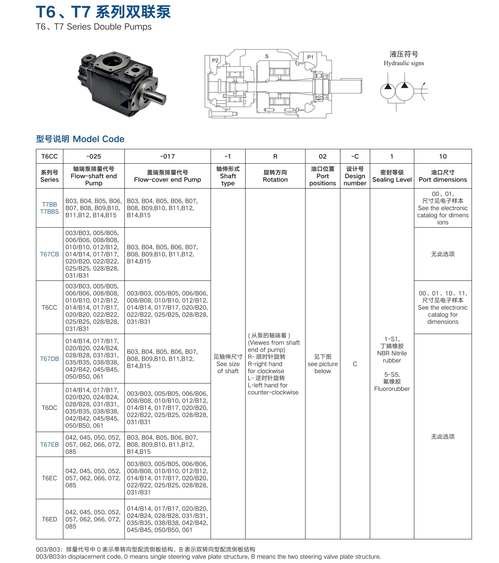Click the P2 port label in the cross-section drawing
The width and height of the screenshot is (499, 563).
pos(215,60)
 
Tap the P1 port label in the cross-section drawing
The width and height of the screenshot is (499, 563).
pos(310,57)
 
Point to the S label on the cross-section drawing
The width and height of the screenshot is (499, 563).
pos(266,56)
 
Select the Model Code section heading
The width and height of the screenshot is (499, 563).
pos(80,139)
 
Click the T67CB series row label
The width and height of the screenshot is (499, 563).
pos(50,254)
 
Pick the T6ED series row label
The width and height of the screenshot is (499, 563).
pos(50,519)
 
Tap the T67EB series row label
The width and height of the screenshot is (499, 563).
pos(50,444)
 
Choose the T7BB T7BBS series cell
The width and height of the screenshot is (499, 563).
pos(50,208)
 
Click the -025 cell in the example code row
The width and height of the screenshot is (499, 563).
pos(94,156)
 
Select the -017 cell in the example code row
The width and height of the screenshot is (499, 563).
pos(167,156)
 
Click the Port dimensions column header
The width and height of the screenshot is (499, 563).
pos(443,176)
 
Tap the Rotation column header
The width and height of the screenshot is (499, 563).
pos(275,176)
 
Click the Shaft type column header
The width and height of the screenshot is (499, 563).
pos(228,176)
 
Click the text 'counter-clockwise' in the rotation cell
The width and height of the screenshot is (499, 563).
pos(273,392)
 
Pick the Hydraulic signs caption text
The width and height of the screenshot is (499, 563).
pos(404,63)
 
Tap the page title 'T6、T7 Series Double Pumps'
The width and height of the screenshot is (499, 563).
pos(94,27)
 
